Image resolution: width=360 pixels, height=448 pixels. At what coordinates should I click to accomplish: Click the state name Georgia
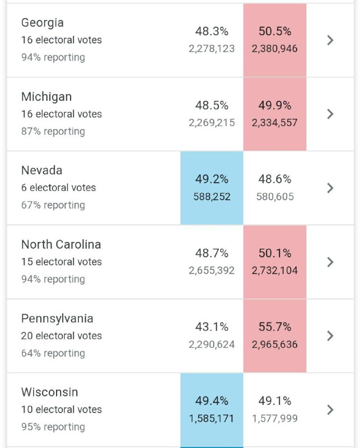click(43, 23)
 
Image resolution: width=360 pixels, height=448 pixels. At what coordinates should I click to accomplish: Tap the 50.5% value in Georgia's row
click(275, 31)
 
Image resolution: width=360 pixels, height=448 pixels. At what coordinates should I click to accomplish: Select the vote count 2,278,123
click(212, 49)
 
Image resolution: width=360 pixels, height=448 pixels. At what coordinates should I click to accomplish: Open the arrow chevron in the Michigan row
click(330, 114)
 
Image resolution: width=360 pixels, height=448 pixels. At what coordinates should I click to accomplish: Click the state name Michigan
click(46, 97)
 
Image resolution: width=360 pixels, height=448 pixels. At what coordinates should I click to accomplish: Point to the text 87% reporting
click(53, 132)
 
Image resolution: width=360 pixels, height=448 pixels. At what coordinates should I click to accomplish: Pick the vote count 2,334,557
click(275, 123)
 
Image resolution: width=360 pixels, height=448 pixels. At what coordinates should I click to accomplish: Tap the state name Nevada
click(42, 170)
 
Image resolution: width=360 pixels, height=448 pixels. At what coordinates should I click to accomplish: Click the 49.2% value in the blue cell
click(212, 179)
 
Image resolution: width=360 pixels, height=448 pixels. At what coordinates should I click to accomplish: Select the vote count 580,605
click(275, 197)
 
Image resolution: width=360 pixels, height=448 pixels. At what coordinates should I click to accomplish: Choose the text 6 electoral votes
click(59, 188)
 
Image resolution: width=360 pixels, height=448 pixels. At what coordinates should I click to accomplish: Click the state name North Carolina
click(61, 245)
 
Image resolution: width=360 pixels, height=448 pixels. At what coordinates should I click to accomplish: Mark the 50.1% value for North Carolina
click(275, 253)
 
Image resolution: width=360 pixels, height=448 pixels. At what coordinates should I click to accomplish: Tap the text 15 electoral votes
click(62, 262)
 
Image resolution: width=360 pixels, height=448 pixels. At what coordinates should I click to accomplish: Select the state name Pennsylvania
click(57, 319)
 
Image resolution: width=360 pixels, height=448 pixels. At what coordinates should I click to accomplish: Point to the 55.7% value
click(275, 327)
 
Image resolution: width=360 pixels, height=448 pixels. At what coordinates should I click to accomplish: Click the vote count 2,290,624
click(212, 344)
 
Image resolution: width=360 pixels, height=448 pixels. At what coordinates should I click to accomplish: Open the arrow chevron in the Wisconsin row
click(330, 410)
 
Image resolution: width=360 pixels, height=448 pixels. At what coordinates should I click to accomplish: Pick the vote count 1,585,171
click(212, 418)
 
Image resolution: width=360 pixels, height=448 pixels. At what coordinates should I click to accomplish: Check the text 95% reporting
click(53, 427)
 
